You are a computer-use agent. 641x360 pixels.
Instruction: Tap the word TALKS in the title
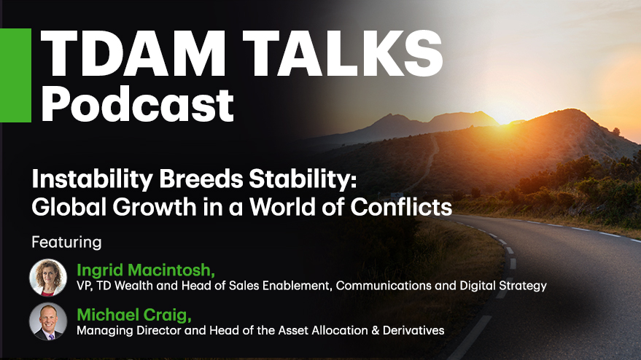(343, 53)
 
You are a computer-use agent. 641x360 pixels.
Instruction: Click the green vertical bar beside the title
(15, 75)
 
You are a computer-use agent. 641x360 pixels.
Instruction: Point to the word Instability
(93, 179)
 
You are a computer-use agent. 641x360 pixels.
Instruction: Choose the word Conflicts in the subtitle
(401, 207)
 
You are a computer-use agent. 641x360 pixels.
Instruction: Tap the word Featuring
(66, 243)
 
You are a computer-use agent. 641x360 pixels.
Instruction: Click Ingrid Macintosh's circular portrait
(48, 278)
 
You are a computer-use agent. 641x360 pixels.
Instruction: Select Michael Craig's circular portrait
(48, 321)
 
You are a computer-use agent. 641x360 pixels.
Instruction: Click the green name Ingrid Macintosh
(146, 270)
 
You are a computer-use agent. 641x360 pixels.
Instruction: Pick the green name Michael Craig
(134, 315)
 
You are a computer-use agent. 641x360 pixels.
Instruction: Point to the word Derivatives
(413, 330)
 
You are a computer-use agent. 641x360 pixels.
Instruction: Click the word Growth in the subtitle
(155, 207)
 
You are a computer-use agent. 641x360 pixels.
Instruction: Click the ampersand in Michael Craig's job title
(375, 330)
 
